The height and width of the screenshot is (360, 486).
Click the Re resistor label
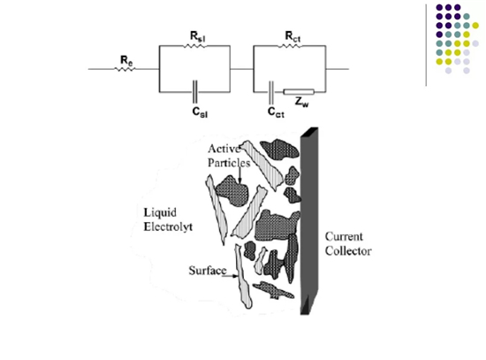point(126,60)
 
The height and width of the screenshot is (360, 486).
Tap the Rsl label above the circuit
point(198,37)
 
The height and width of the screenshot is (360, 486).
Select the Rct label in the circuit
point(292,37)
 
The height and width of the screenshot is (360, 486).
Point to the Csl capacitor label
point(200,112)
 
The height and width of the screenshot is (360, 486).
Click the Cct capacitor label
point(276,112)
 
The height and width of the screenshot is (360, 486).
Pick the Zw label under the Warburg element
point(302,102)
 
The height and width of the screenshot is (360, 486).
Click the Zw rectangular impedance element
point(299,92)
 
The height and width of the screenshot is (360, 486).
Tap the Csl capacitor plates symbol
point(195,92)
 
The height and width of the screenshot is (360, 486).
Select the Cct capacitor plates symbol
point(271,93)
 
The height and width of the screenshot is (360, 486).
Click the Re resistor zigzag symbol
point(125,69)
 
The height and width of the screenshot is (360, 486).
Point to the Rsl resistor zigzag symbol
point(194,46)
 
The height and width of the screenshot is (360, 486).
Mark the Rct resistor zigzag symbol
point(290,46)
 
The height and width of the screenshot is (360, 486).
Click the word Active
point(224,149)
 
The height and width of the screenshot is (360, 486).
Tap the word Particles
point(229,163)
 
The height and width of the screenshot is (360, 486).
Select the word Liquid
point(160,212)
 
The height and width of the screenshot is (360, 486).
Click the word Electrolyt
point(168,226)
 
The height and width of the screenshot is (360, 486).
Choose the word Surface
point(208,271)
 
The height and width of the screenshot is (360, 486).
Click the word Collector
point(348,251)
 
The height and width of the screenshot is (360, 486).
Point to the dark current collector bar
point(309,221)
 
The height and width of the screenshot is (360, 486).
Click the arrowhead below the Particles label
point(239,181)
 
